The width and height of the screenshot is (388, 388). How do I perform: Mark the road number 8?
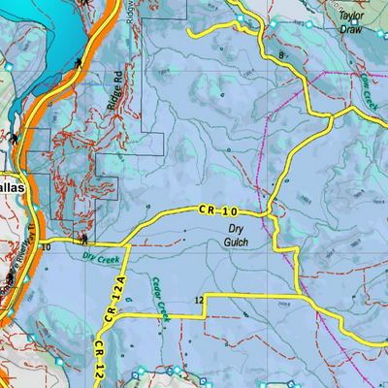click(x=281, y=56)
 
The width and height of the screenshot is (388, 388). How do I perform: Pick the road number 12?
click(x=198, y=299)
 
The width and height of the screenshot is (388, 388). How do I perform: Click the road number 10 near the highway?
click(x=46, y=247)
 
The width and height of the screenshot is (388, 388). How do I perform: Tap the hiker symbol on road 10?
click(x=85, y=238)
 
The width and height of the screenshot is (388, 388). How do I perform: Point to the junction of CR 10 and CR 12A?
click(x=122, y=240)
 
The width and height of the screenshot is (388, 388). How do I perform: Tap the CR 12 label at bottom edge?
click(x=100, y=359)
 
